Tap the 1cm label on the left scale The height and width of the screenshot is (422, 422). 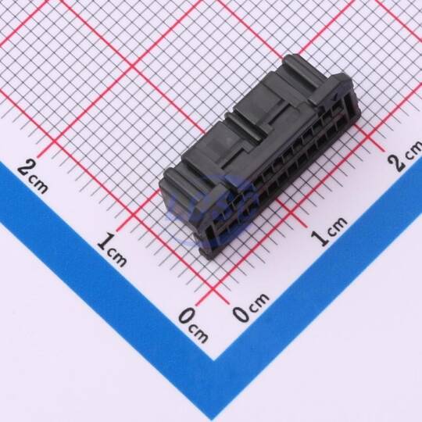pyautogui.click(x=112, y=250)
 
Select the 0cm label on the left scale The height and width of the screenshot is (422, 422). pyautogui.click(x=193, y=325)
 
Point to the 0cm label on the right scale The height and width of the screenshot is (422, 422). pyautogui.click(x=251, y=307)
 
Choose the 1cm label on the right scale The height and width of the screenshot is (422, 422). pyautogui.click(x=329, y=231)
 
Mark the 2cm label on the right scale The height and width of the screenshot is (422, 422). pyautogui.click(x=405, y=156)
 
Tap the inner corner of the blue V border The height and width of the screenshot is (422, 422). pyautogui.click(x=214, y=360)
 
